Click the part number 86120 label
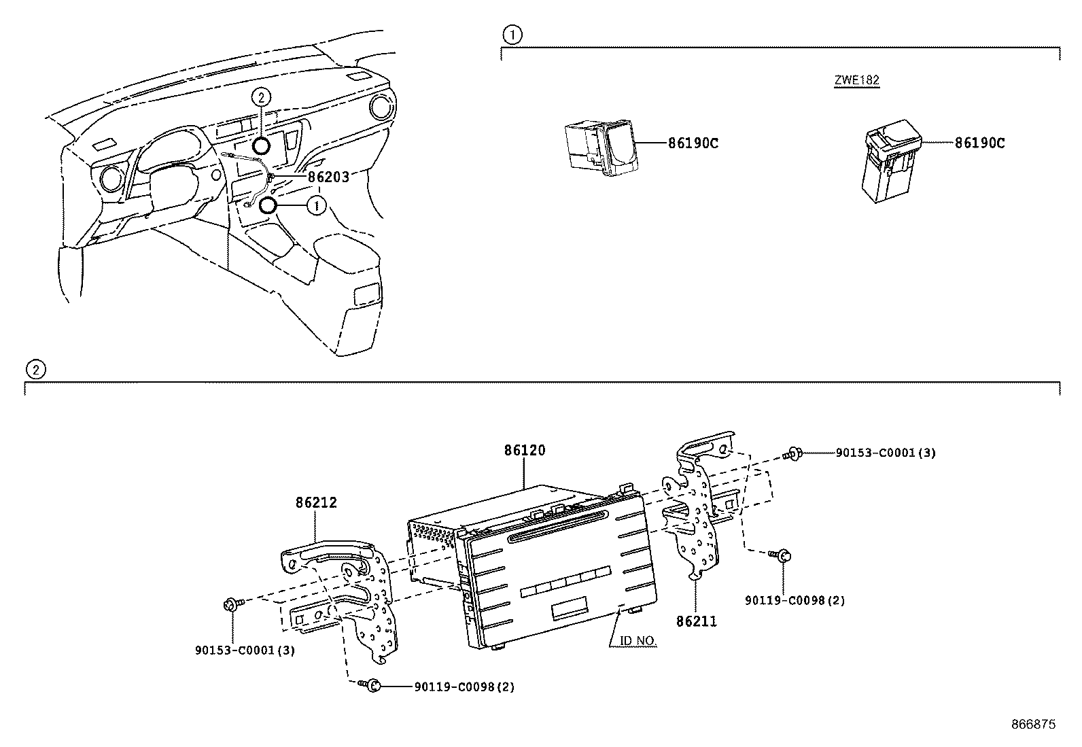tap(525, 450)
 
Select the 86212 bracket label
tap(316, 503)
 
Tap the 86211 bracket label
tap(697, 621)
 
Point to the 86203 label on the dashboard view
tap(328, 177)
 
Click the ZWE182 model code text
tap(857, 80)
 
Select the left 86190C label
tap(693, 143)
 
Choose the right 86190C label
tap(980, 143)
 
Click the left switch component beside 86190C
tap(600, 147)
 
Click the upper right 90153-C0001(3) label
tap(885, 453)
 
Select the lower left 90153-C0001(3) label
tap(245, 650)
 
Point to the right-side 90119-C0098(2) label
tap(795, 601)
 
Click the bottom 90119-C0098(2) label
tap(464, 687)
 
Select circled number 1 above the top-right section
tap(512, 34)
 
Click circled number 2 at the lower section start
tap(35, 369)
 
